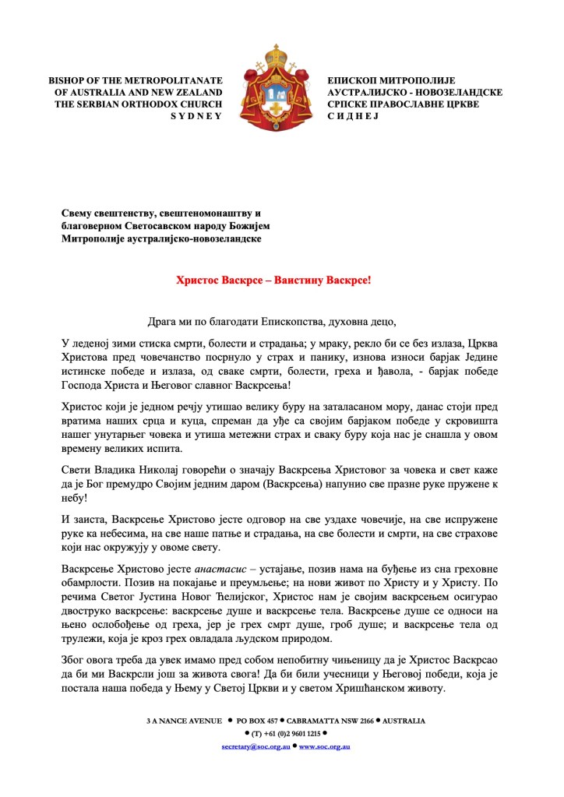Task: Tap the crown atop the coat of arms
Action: pyautogui.click(x=276, y=56)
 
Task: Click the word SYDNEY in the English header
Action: pyautogui.click(x=196, y=115)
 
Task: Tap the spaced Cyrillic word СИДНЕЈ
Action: pyautogui.click(x=354, y=115)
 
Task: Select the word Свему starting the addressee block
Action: pyautogui.click(x=79, y=213)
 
